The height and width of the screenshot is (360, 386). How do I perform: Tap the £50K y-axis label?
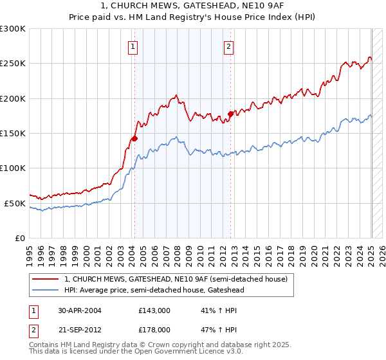(x=15, y=203)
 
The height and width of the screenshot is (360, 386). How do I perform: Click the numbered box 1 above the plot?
(x=133, y=46)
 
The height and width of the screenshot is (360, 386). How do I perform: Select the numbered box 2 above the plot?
(x=229, y=46)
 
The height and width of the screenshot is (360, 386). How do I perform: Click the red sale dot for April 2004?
(x=134, y=138)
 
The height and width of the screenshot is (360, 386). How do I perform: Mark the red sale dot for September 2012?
(x=230, y=114)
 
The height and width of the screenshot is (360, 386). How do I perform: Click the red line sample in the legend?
(x=47, y=279)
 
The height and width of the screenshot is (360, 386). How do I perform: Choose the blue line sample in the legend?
(x=47, y=290)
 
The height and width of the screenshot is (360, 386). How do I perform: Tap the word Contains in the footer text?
(x=44, y=345)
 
